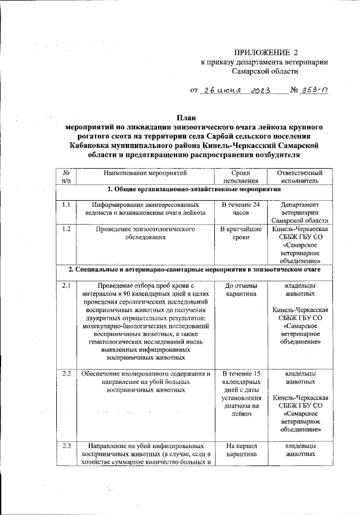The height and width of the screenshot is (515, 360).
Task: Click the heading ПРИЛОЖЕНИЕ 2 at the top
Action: click(x=264, y=52)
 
